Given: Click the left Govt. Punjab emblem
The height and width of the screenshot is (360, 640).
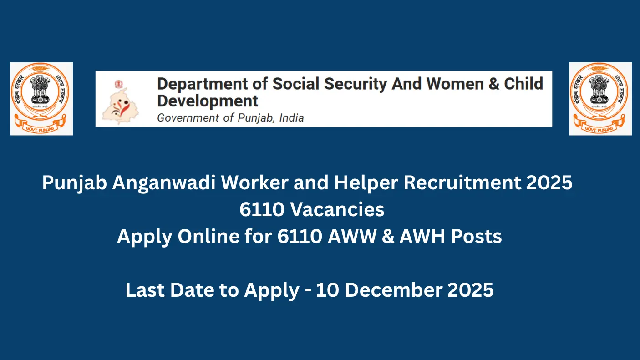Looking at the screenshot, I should click(41, 99).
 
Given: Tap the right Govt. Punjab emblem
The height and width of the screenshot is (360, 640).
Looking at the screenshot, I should click(600, 99).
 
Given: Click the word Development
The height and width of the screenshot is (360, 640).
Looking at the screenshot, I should click(208, 101).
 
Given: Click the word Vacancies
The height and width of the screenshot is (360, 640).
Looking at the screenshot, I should click(337, 210).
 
